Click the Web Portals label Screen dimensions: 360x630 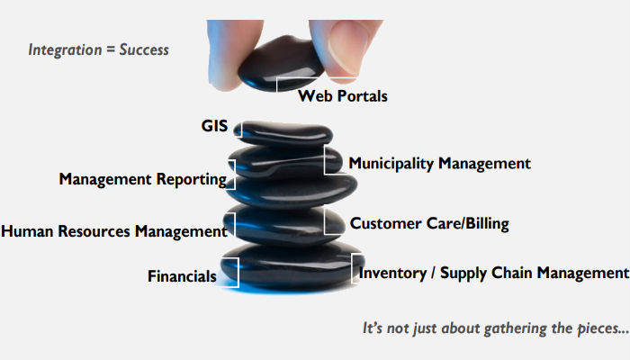pos(343,95)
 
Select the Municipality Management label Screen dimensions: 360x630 pos(439,164)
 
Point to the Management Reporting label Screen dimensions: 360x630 pos(142,179)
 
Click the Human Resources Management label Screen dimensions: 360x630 pos(113,231)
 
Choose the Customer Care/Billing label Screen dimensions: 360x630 pos(429,223)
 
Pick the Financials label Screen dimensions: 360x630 pos(182,276)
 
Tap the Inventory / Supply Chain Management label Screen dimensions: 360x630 pos(492,273)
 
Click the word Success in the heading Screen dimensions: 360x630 pos(144,49)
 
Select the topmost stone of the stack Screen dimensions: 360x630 pos(282,132)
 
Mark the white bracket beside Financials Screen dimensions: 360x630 pos(233,272)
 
